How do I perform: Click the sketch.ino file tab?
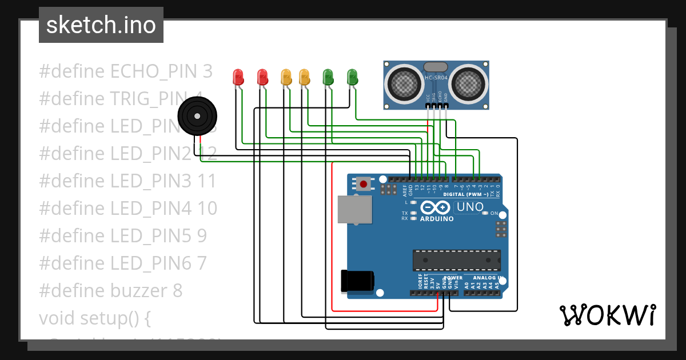[x=101, y=25]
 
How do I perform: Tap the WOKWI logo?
[x=607, y=315]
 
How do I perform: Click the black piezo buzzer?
[x=197, y=116]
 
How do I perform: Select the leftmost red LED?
[x=238, y=77]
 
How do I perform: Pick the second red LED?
[x=262, y=77]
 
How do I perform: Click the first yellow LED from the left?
[x=286, y=77]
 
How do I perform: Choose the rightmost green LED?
[x=352, y=77]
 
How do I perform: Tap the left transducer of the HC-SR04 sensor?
[x=405, y=83]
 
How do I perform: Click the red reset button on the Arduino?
[x=363, y=184]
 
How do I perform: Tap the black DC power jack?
[x=357, y=280]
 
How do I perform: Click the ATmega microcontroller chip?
[x=457, y=260]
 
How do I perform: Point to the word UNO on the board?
[x=470, y=207]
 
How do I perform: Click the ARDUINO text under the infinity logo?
[x=437, y=219]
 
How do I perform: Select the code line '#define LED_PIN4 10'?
[x=128, y=209]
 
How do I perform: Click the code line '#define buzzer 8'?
[x=111, y=291]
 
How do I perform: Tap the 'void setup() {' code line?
[x=95, y=318]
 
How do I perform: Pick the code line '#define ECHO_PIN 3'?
[x=126, y=71]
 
